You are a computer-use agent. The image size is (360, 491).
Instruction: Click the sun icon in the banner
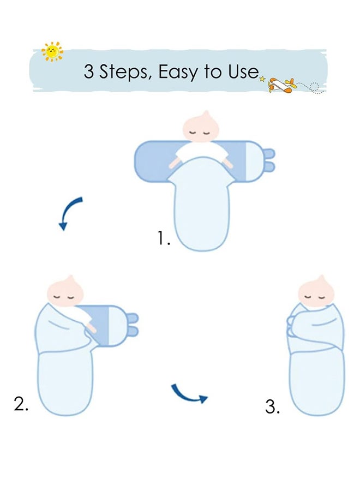[x=52, y=52]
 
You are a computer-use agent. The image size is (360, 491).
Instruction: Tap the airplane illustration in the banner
[x=283, y=85]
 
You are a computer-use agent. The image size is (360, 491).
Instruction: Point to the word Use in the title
[x=243, y=71]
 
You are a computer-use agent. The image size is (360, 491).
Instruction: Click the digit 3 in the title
[x=89, y=71]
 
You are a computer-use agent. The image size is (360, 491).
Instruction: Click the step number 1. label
[x=164, y=238]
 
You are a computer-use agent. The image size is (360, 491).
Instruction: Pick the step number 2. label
[x=21, y=404]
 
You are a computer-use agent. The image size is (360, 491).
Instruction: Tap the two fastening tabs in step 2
[x=132, y=325]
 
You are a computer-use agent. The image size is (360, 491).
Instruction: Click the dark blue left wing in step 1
[x=153, y=161]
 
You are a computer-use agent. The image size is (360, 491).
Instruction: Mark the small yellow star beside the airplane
[x=262, y=79]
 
